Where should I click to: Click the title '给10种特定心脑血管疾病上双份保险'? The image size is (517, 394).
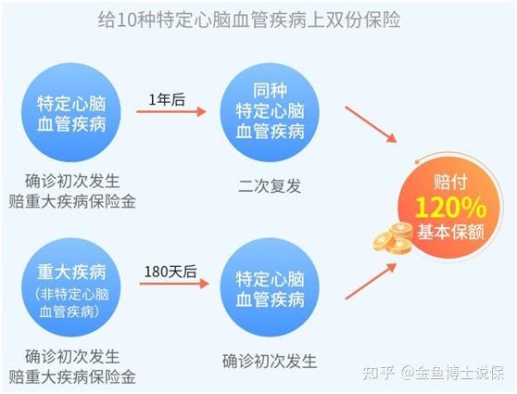coord(249,20)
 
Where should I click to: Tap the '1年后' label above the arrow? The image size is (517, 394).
coord(167,99)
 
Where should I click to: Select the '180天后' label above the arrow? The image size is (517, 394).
coord(170,272)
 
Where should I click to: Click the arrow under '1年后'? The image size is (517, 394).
coord(171,112)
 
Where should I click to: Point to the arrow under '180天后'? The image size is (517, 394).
coord(174,284)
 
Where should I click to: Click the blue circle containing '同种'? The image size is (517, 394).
coord(270,112)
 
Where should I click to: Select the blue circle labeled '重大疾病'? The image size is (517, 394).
coord(71,287)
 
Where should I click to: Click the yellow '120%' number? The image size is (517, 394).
coord(450,208)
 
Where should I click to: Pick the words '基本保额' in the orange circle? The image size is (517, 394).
coord(450,232)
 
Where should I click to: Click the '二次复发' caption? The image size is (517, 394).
coord(270,186)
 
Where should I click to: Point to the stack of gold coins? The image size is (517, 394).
coord(392,238)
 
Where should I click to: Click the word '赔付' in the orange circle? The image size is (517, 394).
coord(450,182)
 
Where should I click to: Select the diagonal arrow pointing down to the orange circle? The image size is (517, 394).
coord(371,124)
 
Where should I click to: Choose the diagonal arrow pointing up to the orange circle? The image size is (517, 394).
coord(371,281)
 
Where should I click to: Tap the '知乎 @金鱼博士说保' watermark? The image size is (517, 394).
coord(434,374)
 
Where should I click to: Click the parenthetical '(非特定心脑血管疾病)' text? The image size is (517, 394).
coord(71,303)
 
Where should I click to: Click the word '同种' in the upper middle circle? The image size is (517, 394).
coord(270,91)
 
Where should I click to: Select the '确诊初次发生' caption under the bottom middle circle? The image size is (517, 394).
coord(270,362)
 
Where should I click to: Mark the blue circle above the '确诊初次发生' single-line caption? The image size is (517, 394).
coord(270,287)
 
